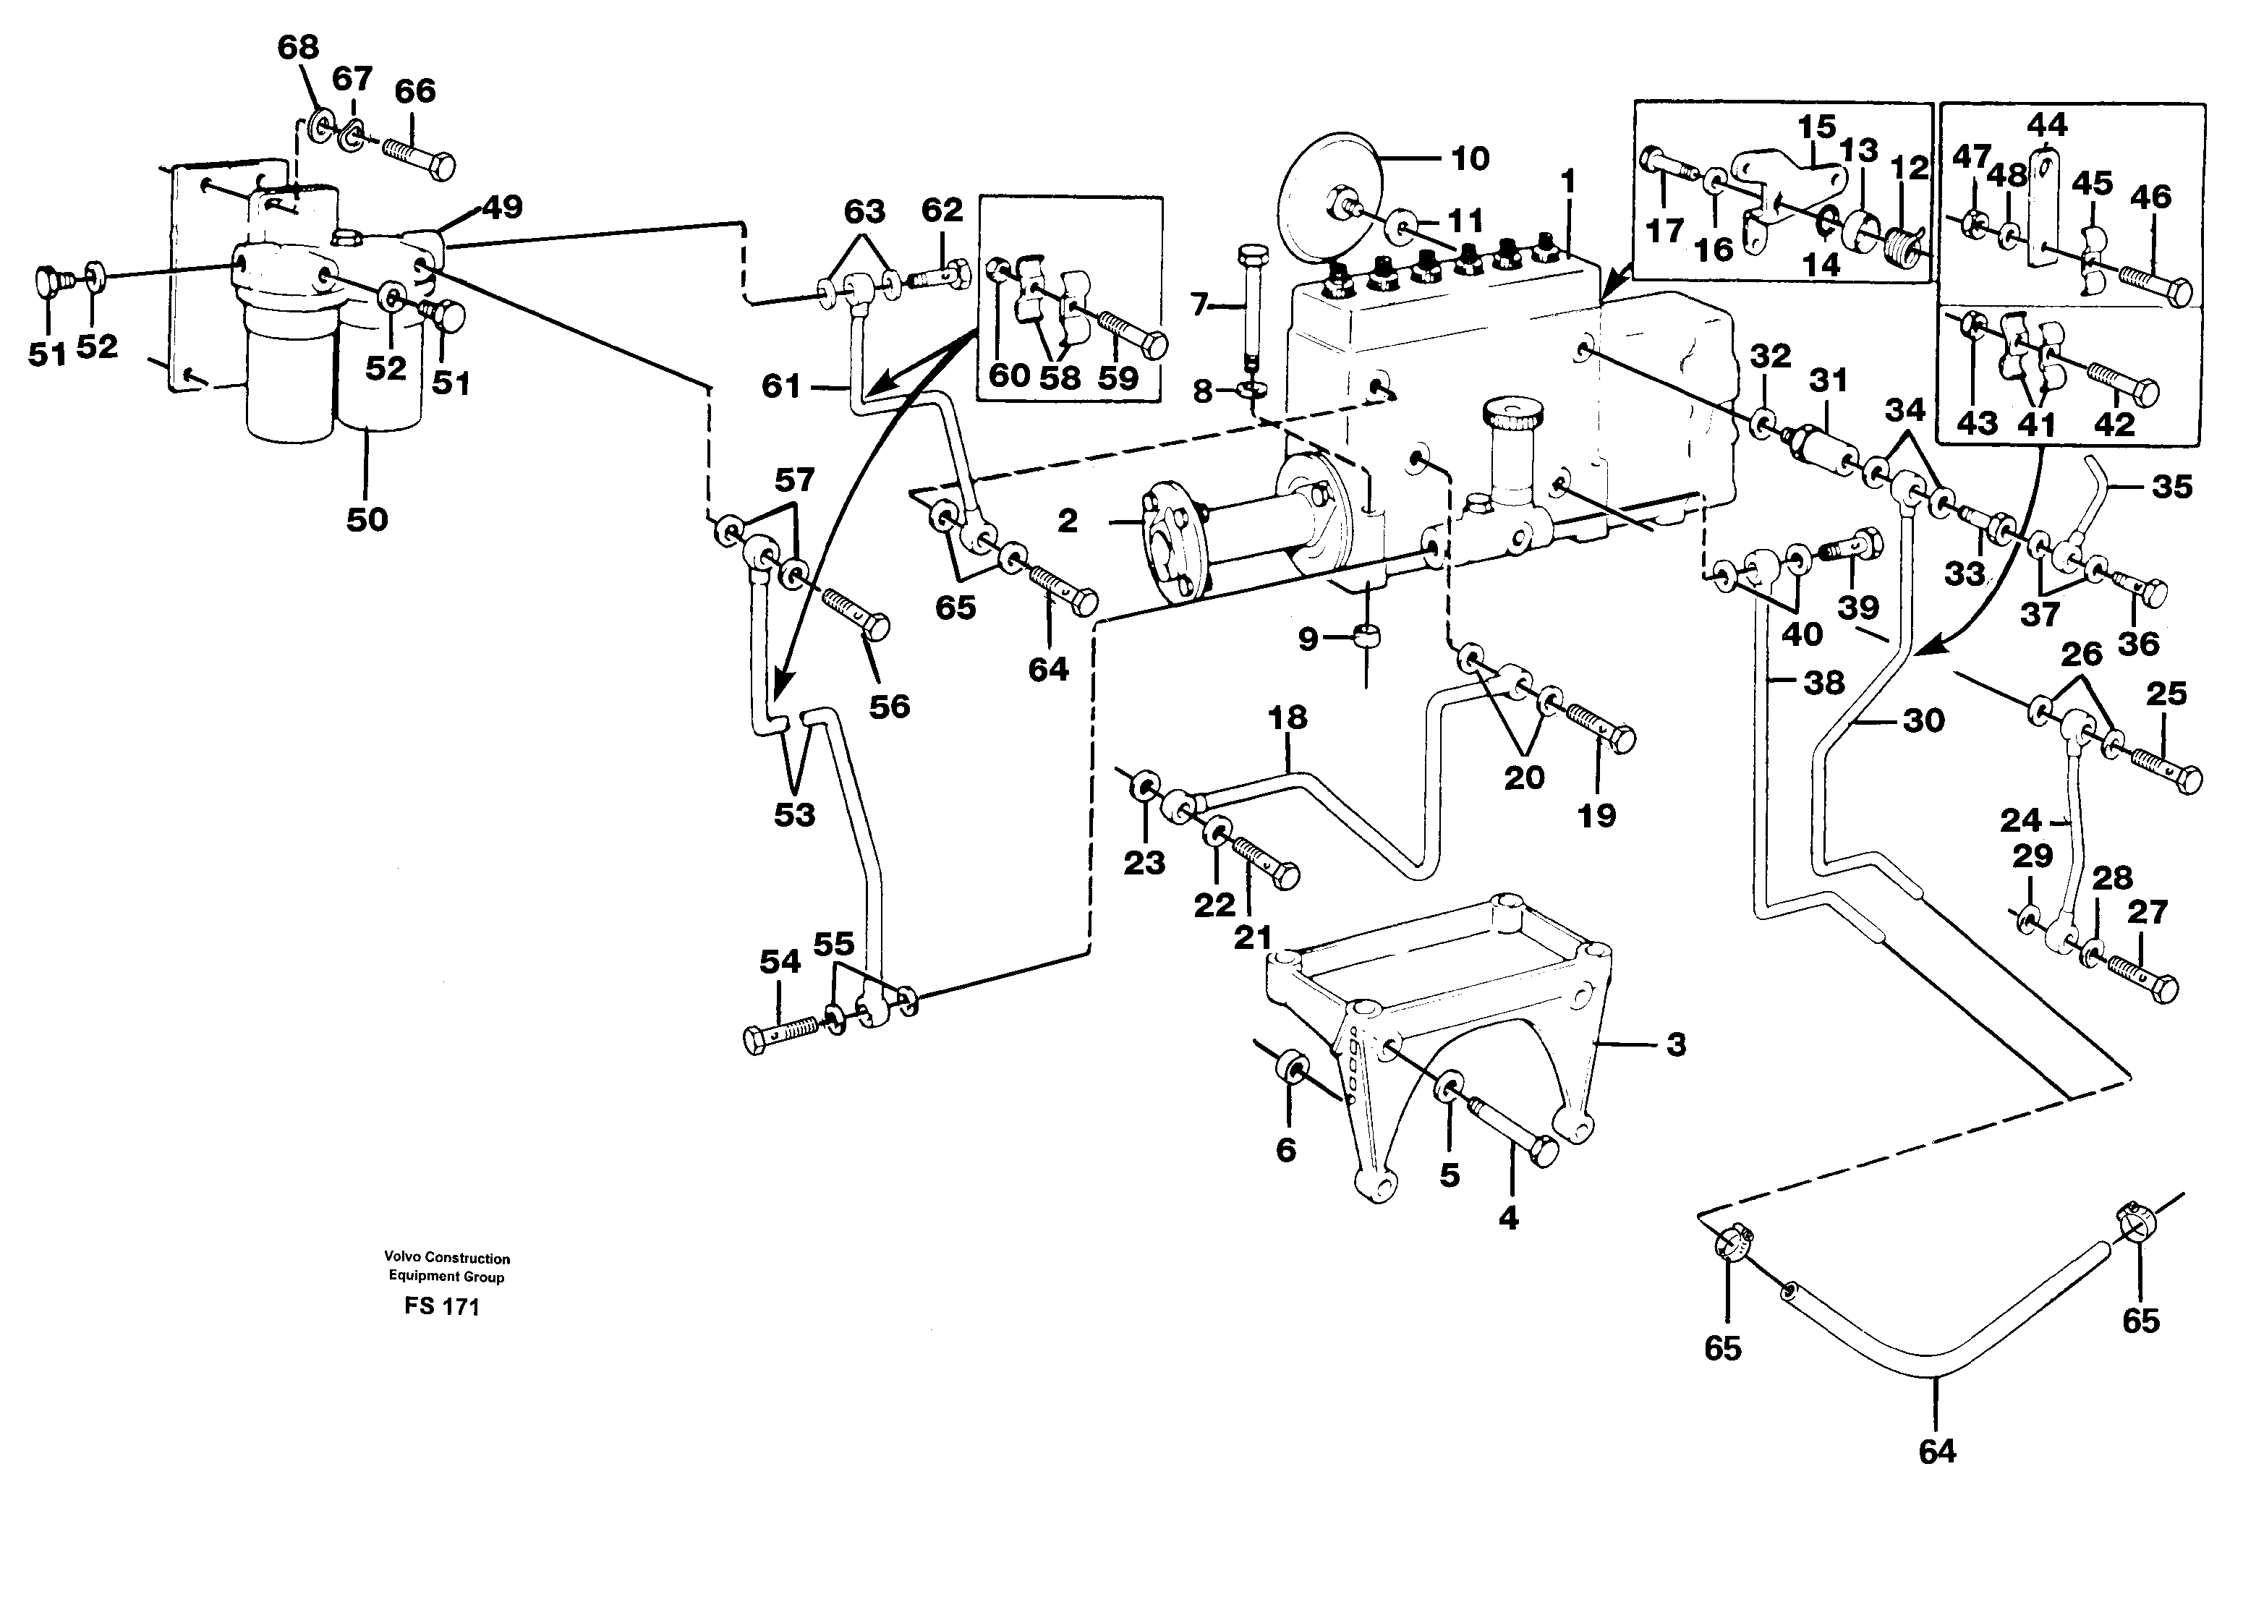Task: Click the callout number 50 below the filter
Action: (367, 519)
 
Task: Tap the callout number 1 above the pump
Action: (1567, 182)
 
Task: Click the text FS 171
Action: (441, 1307)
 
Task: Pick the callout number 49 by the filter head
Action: (503, 208)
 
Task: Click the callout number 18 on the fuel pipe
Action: (1288, 718)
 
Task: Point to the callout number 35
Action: (2172, 486)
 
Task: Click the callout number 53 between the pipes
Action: (794, 814)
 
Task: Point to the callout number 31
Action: (1828, 380)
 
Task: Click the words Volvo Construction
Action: (448, 1258)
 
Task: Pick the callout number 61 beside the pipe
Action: (782, 386)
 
